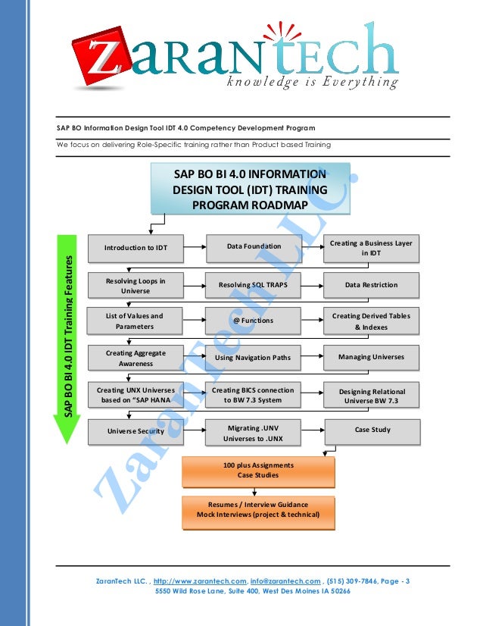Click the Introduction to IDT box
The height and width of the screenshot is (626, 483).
tap(136, 247)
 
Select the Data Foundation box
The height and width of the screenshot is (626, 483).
tap(254, 246)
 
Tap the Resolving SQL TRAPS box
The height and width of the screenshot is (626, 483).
tap(254, 285)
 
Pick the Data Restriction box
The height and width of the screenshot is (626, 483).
tap(371, 285)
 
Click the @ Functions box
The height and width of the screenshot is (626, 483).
tap(254, 321)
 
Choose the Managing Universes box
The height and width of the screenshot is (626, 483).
tap(371, 356)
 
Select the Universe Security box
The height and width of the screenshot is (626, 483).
tap(136, 431)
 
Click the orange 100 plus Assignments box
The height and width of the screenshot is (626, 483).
tap(258, 470)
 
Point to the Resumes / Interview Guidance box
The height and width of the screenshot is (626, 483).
tap(258, 510)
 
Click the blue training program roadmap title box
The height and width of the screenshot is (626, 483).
tap(251, 189)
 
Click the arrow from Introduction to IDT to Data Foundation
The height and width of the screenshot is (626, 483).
tap(195, 247)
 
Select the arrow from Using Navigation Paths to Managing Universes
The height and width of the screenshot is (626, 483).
tap(312, 356)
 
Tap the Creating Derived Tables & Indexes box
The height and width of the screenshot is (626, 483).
tap(371, 321)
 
